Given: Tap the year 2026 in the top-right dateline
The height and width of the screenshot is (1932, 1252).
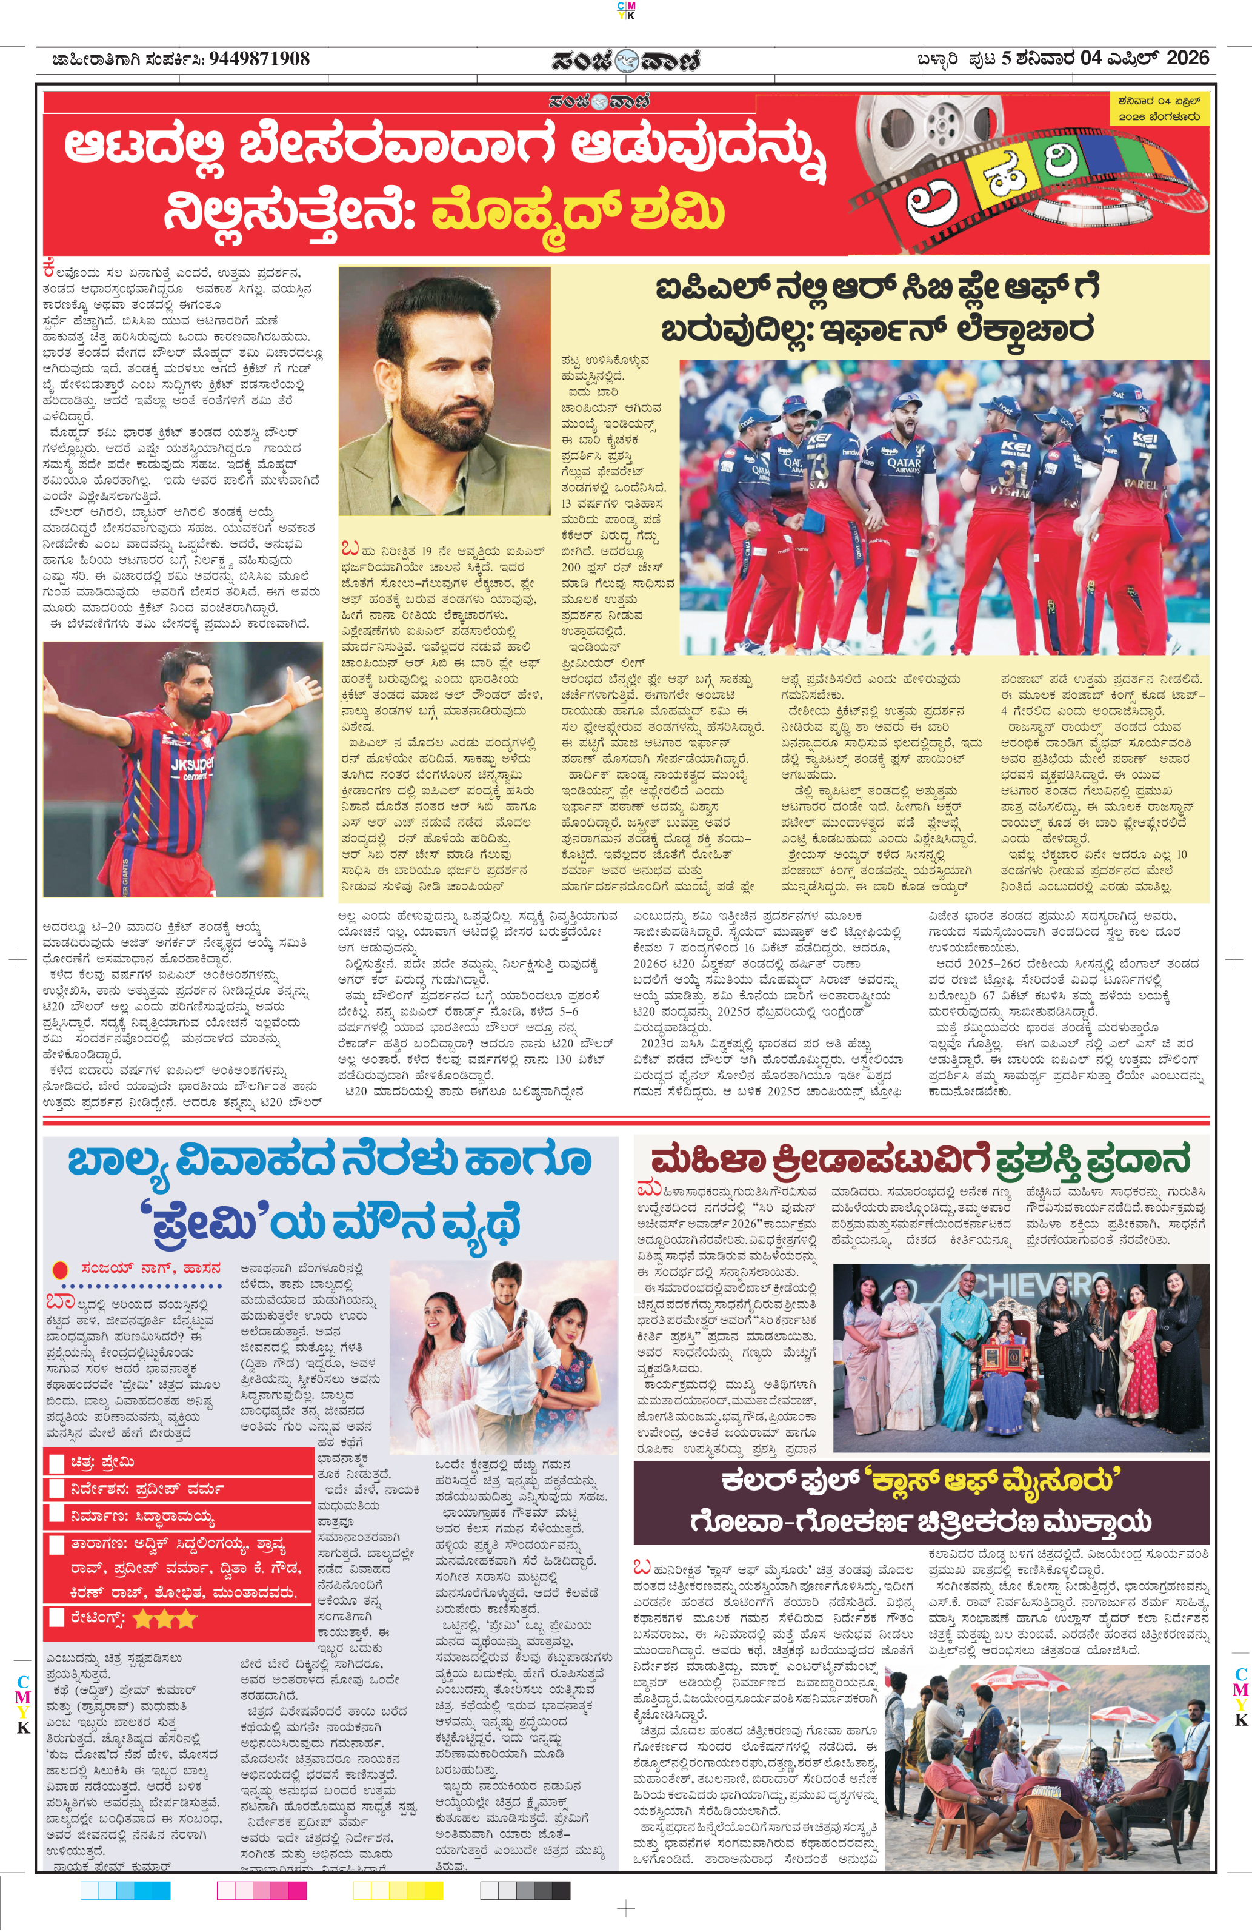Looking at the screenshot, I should click(x=1187, y=58).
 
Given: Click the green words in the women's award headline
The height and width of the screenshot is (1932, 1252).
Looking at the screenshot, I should click(x=1093, y=1159).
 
